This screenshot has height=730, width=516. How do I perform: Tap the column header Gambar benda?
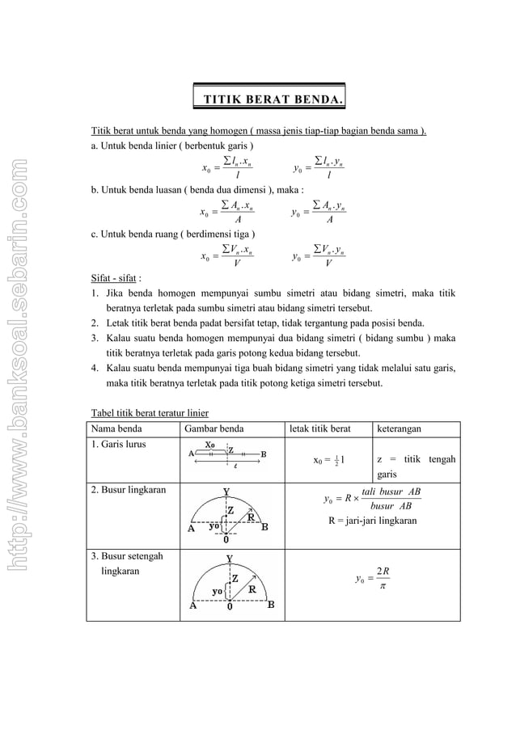coord(213,428)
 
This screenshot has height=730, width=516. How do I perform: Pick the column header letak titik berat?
coord(322,428)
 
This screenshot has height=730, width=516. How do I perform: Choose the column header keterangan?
coord(404,428)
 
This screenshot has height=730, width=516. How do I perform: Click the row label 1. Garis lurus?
coord(119,445)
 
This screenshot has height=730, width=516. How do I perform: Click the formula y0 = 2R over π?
coord(374,578)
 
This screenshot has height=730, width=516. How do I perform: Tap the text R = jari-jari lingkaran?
coord(372,521)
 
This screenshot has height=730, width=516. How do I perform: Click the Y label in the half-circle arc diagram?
coord(230,558)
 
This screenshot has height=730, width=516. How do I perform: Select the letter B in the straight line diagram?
coord(263,454)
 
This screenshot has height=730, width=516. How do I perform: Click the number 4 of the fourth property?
coord(94,368)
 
